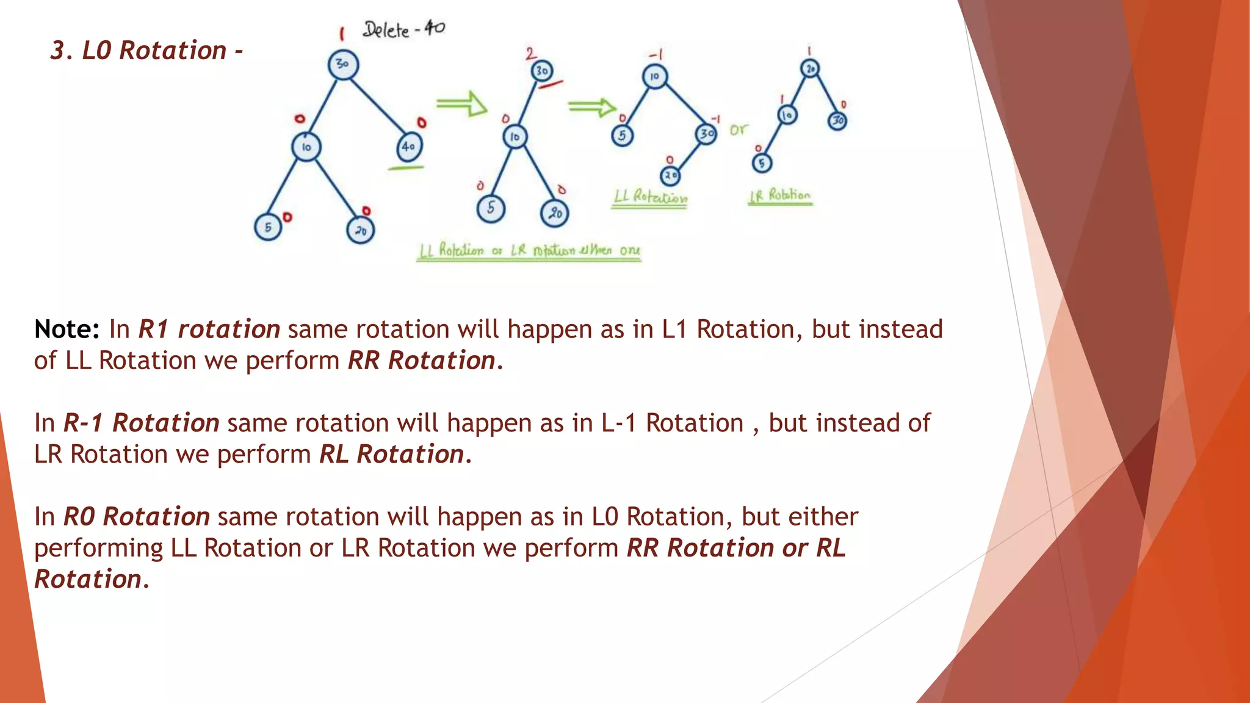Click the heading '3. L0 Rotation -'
point(146,51)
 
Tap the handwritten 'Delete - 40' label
point(403,29)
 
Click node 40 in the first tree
point(409,146)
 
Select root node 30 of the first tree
point(343,64)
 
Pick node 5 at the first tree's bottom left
point(268,227)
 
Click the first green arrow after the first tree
point(461,104)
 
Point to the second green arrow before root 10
point(591,107)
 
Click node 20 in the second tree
point(554,213)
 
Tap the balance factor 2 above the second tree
point(531,54)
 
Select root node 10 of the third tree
point(654,77)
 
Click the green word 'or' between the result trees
point(739,130)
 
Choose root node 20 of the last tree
point(810,69)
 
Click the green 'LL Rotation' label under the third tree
point(650,197)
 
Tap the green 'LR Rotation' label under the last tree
point(780,196)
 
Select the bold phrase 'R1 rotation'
point(209,330)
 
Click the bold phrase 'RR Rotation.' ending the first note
point(425,361)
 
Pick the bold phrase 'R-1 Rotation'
point(142,423)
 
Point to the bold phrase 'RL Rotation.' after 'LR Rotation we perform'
point(396,455)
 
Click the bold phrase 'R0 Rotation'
point(137,517)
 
